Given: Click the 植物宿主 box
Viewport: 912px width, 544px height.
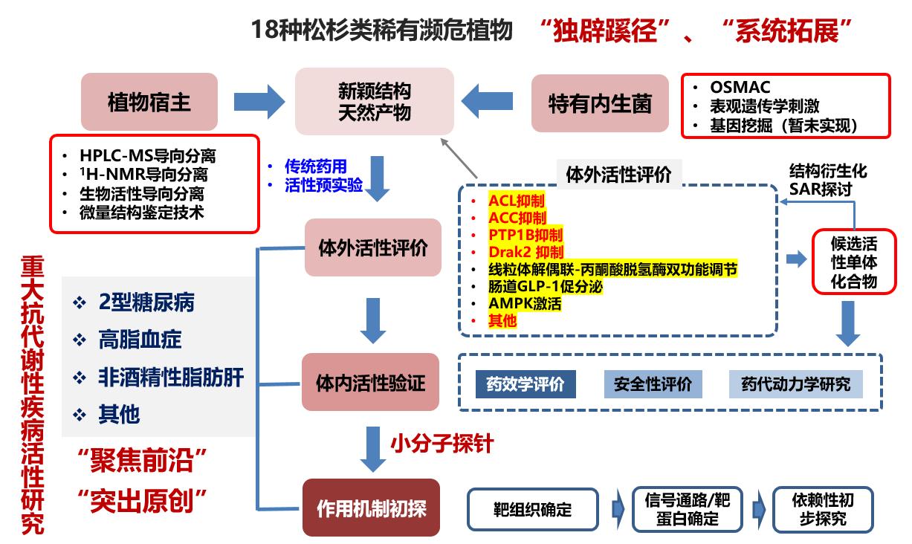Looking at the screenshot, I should pyautogui.click(x=149, y=101).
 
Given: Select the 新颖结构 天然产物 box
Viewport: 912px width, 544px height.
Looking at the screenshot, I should pyautogui.click(x=375, y=101).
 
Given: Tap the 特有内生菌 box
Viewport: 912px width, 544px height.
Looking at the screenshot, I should pyautogui.click(x=600, y=103).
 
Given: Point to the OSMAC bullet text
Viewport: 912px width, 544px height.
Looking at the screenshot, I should pyautogui.click(x=740, y=87).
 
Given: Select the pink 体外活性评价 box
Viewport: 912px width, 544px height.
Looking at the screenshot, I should pyautogui.click(x=373, y=248).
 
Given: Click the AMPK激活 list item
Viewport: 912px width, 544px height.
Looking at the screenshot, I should pyautogui.click(x=525, y=303).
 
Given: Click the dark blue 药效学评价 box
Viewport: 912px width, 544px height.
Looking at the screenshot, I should pyautogui.click(x=525, y=384).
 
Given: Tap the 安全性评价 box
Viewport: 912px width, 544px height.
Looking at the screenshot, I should pyautogui.click(x=653, y=384).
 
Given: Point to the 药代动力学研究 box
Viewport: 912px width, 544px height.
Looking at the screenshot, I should pyautogui.click(x=796, y=384).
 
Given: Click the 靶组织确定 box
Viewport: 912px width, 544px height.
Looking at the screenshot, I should pyautogui.click(x=532, y=509).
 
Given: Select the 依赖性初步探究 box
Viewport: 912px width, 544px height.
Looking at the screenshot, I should pyautogui.click(x=823, y=509).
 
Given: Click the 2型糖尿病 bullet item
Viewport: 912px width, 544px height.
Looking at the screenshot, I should pyautogui.click(x=146, y=302).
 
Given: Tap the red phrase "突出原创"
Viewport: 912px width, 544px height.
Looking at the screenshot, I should pyautogui.click(x=142, y=500).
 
